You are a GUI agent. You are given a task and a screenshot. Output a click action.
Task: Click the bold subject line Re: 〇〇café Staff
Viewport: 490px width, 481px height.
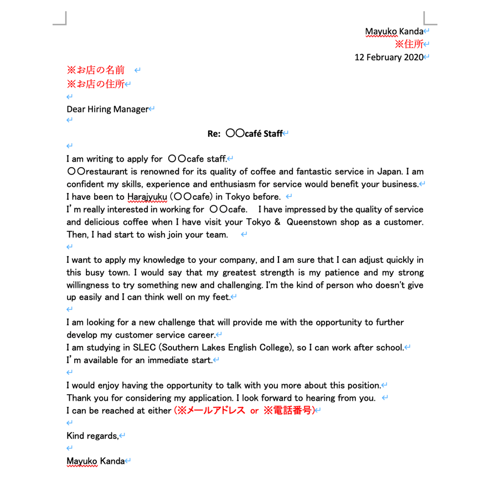[245, 133]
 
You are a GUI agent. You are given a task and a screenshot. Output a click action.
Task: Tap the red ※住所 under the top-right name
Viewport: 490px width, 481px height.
[409, 44]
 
